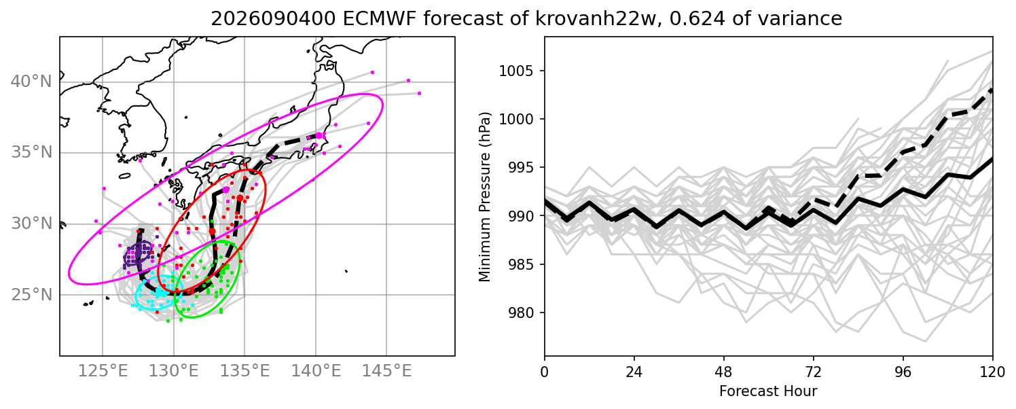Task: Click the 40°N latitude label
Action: pos(31,82)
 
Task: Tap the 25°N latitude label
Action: pos(31,295)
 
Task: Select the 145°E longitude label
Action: pos(386,371)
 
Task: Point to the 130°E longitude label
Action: pos(173,371)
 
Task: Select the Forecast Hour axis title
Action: pos(768,391)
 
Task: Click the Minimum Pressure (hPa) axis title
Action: pos(484,196)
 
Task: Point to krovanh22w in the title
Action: pos(587,18)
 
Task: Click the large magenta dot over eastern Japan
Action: pos(319,136)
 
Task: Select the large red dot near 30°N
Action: pos(213,232)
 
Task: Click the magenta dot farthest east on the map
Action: pos(419,94)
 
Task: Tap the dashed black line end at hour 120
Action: pos(992,90)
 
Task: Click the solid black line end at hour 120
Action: pos(992,158)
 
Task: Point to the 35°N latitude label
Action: pos(31,152)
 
